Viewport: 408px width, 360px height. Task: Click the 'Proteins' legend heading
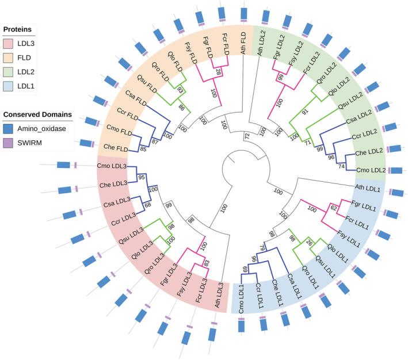[x=18, y=29]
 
